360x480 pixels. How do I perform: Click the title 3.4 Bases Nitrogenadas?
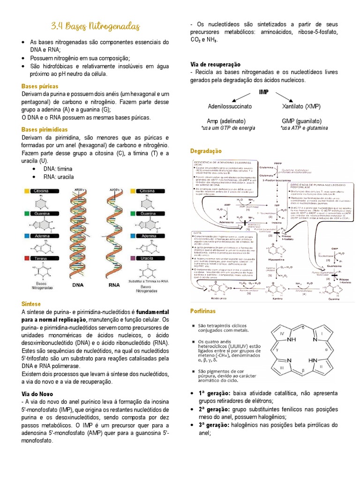[95, 26]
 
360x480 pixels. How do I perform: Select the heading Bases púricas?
[40, 86]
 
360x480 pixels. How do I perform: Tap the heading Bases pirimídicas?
[45, 129]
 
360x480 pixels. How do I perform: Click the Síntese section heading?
[32, 303]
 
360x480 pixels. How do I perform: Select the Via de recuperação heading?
[215, 64]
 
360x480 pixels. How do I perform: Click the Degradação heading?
[205, 151]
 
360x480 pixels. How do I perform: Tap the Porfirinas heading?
[203, 311]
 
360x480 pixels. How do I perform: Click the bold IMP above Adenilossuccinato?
[263, 92]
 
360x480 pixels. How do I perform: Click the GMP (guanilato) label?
[302, 120]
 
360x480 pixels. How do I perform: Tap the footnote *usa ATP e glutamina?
[304, 128]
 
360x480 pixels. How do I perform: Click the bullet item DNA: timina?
[58, 169]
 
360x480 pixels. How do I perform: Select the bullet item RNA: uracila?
[59, 177]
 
